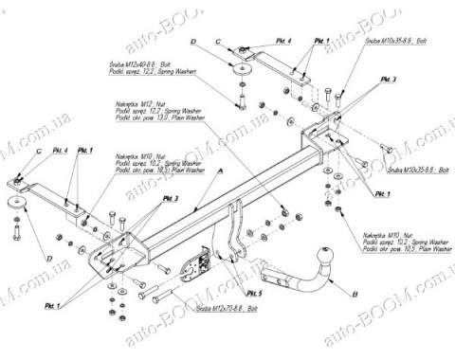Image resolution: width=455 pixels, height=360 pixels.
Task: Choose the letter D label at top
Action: click(191, 43)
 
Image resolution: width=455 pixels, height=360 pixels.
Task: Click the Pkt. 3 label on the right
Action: click(365, 78)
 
